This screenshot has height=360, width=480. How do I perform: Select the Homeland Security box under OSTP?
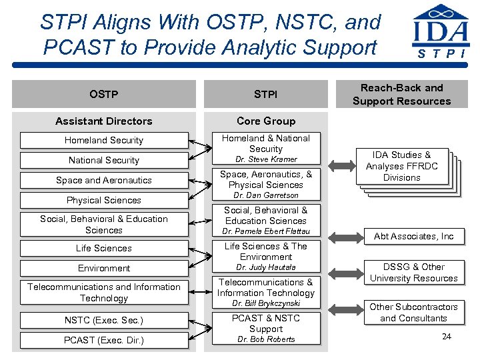[x=104, y=140]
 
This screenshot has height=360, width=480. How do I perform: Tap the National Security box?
[x=104, y=160]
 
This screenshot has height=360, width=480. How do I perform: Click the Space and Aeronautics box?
[x=104, y=180]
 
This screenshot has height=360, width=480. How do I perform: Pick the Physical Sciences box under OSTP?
[x=104, y=200]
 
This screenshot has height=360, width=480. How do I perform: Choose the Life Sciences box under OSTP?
[x=104, y=248]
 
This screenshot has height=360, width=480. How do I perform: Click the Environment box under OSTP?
[x=104, y=268]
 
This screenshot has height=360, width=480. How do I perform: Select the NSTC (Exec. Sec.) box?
[x=104, y=320]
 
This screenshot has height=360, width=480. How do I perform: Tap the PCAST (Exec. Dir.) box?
[x=104, y=340]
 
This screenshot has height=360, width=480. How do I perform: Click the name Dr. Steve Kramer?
[x=266, y=159]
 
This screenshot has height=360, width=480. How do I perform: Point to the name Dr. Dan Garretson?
[x=266, y=195]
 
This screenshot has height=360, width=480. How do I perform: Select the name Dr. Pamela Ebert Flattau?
[x=266, y=231]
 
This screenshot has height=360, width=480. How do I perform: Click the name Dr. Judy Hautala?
[x=266, y=267]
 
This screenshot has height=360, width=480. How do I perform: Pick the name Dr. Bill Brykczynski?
[x=266, y=303]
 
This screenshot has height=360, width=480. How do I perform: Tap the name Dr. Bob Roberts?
[x=266, y=339]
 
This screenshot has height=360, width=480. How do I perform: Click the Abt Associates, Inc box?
[x=413, y=236]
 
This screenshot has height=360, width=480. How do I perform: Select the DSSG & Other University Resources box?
[x=413, y=272]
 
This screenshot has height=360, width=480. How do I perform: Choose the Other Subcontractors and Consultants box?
[x=413, y=312]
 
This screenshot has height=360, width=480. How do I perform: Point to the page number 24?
[x=447, y=336]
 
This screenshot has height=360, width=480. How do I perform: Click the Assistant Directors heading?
[x=104, y=121]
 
